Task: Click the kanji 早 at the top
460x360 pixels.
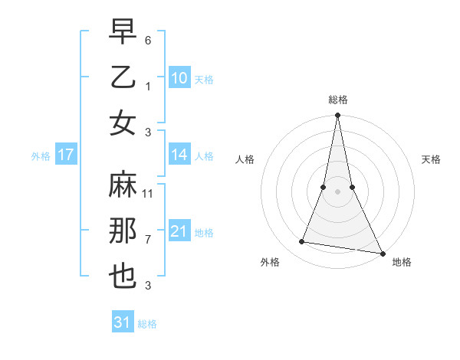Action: tap(123, 31)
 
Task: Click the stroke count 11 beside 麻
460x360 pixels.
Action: tap(149, 194)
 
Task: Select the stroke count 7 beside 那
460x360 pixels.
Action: tap(148, 240)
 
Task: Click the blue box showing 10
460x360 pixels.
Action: tap(179, 78)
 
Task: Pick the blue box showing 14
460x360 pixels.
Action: tap(179, 155)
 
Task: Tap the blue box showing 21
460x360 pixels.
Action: tap(179, 231)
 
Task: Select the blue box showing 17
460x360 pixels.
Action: tap(66, 155)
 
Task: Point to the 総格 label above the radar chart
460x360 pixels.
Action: tap(337, 100)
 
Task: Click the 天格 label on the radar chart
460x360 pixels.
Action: tap(431, 159)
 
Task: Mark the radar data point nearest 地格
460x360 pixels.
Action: tap(382, 254)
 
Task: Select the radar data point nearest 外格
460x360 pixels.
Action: tap(302, 242)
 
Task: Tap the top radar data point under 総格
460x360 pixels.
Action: tap(337, 116)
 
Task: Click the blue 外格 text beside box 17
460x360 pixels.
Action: tap(41, 156)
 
